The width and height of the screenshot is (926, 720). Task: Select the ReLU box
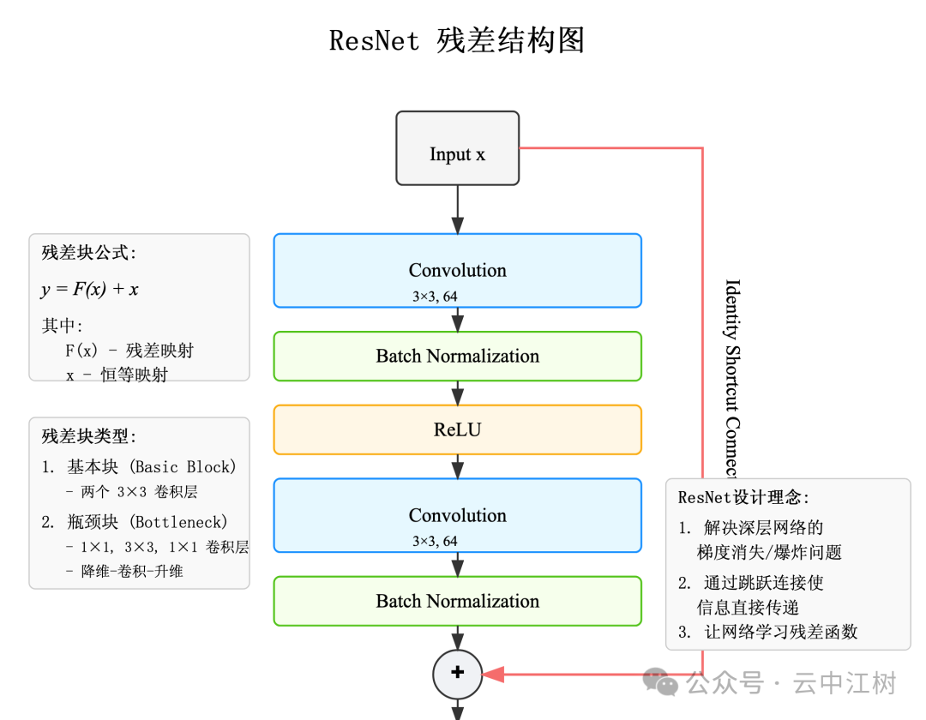[457, 429]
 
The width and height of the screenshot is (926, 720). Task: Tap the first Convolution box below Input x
[457, 270]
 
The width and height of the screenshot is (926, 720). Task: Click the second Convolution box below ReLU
[457, 515]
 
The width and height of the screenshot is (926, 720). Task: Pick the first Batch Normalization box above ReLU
[457, 356]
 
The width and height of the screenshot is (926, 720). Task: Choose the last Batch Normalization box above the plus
[457, 601]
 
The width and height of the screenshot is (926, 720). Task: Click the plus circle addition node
[457, 673]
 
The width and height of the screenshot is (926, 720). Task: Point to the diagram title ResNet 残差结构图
[457, 40]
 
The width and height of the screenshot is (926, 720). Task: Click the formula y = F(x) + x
[89, 290]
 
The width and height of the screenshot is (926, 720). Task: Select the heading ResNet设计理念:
[743, 497]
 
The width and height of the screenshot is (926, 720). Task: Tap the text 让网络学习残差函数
[780, 633]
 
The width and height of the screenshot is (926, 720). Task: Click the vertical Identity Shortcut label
[731, 377]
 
